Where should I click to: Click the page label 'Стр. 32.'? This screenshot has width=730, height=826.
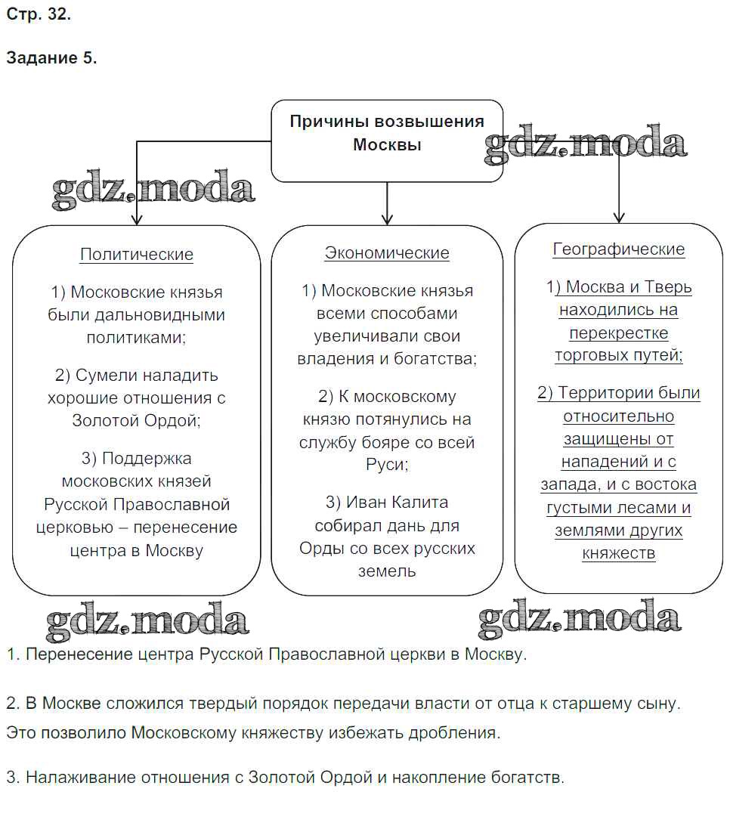pyautogui.click(x=39, y=14)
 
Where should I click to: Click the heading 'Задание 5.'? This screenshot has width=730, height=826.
pyautogui.click(x=51, y=58)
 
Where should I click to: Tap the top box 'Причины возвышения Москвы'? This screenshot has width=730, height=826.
pyautogui.click(x=387, y=133)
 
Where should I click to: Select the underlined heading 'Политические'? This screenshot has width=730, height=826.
pyautogui.click(x=137, y=255)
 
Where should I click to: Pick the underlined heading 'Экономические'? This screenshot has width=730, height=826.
pyautogui.click(x=387, y=253)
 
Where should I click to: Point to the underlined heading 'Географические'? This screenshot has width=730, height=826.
pyautogui.click(x=619, y=249)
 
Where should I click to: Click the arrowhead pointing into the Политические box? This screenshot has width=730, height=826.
pyautogui.click(x=137, y=219)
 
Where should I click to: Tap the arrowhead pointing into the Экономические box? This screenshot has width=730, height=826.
pyautogui.click(x=387, y=219)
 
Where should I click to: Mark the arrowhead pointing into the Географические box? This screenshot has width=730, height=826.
pyautogui.click(x=619, y=217)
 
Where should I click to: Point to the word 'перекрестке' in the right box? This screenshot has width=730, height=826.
pyautogui.click(x=619, y=333)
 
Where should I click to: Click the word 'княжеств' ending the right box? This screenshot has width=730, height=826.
pyautogui.click(x=619, y=553)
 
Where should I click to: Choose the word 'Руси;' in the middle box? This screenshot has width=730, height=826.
pyautogui.click(x=387, y=465)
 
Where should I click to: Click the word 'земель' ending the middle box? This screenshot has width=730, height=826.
pyautogui.click(x=387, y=571)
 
